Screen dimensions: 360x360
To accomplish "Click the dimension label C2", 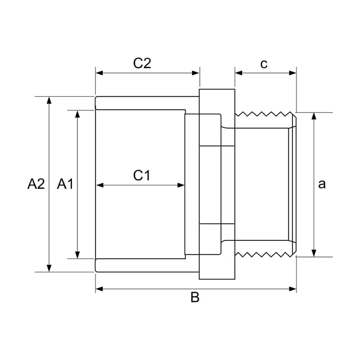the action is click(x=142, y=63).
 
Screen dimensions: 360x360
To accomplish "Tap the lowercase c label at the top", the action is click(x=264, y=64).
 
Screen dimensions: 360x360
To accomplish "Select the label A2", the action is click(x=36, y=184).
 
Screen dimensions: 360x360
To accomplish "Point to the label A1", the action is click(x=65, y=184).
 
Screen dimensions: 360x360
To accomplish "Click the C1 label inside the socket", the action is click(x=141, y=175).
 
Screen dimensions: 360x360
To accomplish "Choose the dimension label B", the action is click(x=195, y=297).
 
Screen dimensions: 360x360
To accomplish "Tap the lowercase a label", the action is click(x=322, y=184).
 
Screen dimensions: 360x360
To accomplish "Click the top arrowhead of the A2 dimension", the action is click(x=49, y=100).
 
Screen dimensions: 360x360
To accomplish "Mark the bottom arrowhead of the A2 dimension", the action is click(x=49, y=268).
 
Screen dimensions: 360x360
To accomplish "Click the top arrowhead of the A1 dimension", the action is click(x=77, y=114).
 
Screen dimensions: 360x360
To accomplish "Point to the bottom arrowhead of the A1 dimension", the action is click(x=77, y=255).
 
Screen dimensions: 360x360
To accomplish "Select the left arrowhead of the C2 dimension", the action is click(x=99, y=73).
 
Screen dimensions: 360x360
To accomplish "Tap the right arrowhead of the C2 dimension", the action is click(x=196, y=73).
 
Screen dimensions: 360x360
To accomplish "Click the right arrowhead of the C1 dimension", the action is click(x=181, y=185).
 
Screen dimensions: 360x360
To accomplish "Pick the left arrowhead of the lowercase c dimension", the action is click(x=239, y=73).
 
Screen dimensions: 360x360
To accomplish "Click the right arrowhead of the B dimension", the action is click(x=292, y=289).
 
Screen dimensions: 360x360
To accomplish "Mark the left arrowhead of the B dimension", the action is click(x=99, y=289).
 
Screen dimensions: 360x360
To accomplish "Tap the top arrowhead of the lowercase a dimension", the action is click(x=314, y=117).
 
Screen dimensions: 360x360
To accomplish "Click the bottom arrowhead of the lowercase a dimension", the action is click(x=314, y=253).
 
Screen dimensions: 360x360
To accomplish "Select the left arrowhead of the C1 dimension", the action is click(x=100, y=185).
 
